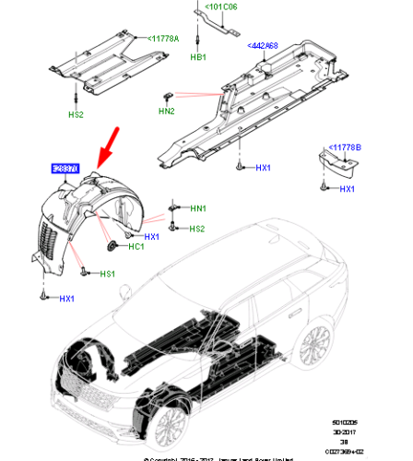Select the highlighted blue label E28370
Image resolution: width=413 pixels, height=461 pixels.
tap(65, 169)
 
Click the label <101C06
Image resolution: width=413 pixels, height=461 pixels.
tap(220, 8)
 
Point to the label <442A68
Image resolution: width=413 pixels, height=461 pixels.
tap(265, 44)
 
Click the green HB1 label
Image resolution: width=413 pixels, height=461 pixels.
tap(198, 57)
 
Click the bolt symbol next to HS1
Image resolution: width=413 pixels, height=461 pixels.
tap(85, 272)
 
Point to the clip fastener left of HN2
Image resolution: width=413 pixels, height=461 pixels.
tap(169, 95)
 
